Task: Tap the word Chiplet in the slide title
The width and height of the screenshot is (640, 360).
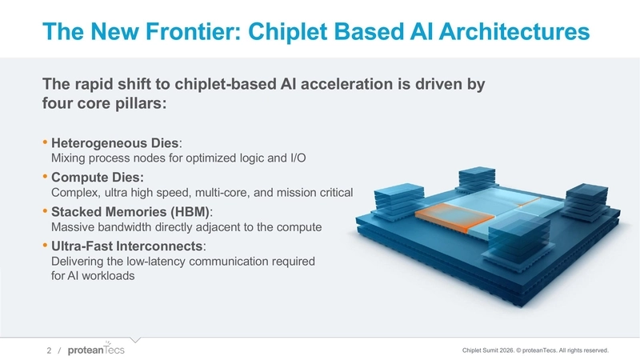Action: (291, 32)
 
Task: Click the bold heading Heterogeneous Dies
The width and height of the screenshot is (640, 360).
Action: (115, 143)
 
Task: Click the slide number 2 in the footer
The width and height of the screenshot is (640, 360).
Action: (49, 350)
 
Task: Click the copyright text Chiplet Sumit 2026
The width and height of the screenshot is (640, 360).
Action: (496, 350)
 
